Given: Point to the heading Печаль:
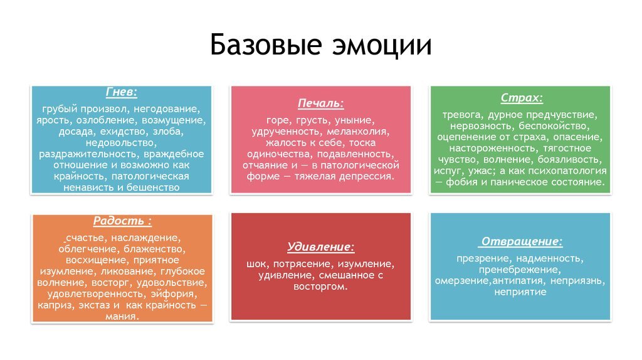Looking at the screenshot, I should click(320, 103).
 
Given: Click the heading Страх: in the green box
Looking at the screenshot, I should click(521, 98).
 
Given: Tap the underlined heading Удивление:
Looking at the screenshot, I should click(320, 246).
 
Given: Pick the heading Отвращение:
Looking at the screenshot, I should click(521, 241).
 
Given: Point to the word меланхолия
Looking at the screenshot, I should click(357, 131).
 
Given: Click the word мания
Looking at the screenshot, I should click(122, 316).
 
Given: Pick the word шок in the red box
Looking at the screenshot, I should click(256, 263).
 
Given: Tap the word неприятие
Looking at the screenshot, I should click(520, 292).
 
